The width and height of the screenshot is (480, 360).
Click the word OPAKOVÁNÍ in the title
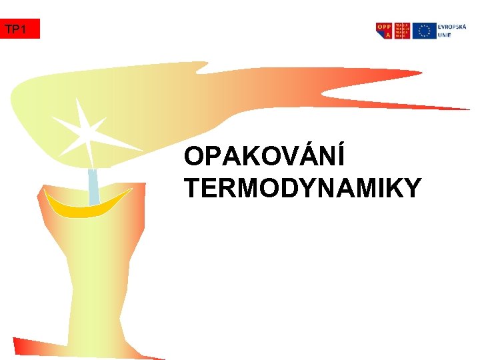coord(264,157)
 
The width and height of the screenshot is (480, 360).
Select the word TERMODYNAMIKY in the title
coord(303,189)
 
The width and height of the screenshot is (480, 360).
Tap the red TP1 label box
coord(20,29)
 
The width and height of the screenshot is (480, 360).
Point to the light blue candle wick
coord(93,187)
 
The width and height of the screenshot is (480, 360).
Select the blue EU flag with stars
coord(423,31)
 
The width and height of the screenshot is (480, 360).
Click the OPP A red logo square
coord(384,31)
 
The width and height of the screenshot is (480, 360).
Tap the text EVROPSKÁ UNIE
coord(452,31)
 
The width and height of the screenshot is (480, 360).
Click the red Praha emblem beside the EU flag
coord(402,31)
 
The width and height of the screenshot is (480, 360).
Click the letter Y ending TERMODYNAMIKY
coord(411,189)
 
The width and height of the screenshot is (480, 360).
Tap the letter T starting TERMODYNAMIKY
coord(192,189)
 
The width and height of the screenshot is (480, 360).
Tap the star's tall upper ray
coord(79,111)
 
